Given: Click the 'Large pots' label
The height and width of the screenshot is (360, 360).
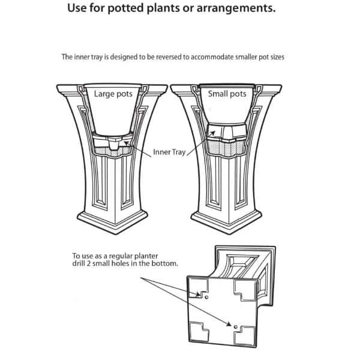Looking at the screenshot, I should coord(113,94).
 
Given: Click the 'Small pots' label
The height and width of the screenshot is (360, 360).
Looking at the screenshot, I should coord(227,94).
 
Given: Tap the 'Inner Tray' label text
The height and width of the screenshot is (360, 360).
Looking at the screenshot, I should coord(169,152).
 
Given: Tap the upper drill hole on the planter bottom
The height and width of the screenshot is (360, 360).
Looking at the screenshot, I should coord(206,296).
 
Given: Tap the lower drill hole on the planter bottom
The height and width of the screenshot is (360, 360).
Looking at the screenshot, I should coord(235,327).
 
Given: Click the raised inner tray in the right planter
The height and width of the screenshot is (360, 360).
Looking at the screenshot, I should coord(226,131).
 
